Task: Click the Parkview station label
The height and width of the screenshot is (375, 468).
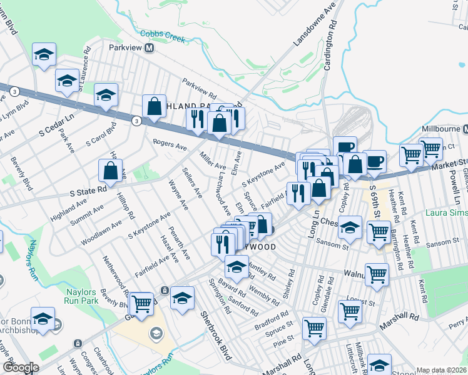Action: (x=125, y=47)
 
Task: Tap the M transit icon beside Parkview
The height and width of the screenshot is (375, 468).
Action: (x=150, y=47)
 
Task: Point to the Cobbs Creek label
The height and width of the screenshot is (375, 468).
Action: (x=163, y=36)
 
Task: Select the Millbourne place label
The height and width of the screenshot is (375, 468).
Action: (x=440, y=128)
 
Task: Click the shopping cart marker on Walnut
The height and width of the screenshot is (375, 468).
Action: (x=377, y=274)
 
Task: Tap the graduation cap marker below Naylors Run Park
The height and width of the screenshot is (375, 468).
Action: (x=43, y=319)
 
